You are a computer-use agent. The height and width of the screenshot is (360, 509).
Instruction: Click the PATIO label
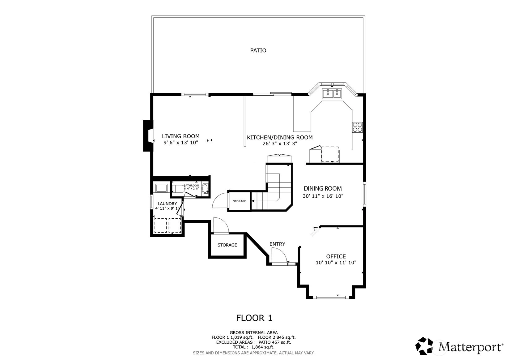(x=258, y=50)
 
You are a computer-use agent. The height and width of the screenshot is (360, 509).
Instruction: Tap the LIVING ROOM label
(x=181, y=136)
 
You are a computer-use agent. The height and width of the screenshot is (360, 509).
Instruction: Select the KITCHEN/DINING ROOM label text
(x=280, y=137)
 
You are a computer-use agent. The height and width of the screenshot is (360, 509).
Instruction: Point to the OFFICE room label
(x=336, y=256)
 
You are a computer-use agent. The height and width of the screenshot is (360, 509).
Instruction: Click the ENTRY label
(x=277, y=244)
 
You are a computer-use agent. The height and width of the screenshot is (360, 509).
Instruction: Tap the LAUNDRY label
(x=167, y=204)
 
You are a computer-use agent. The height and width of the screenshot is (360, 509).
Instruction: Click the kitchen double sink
(x=332, y=93)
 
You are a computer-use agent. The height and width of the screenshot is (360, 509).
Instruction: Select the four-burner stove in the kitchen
(x=358, y=127)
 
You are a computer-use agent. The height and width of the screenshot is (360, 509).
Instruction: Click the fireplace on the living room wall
(x=148, y=135)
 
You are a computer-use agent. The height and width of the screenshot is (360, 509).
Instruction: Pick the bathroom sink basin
(x=205, y=189)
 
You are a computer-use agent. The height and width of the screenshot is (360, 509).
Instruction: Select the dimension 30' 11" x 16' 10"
(x=323, y=196)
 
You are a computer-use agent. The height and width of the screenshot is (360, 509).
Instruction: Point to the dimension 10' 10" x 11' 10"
(x=336, y=263)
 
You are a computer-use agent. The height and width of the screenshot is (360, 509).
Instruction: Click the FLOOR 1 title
(x=254, y=318)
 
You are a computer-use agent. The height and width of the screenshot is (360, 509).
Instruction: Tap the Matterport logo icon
(x=424, y=346)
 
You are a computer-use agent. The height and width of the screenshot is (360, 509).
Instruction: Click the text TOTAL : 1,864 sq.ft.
(x=254, y=347)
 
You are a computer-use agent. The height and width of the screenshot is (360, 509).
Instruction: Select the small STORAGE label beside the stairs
(x=240, y=201)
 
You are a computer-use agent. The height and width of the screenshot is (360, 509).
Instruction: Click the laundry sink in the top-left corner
(x=161, y=188)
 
